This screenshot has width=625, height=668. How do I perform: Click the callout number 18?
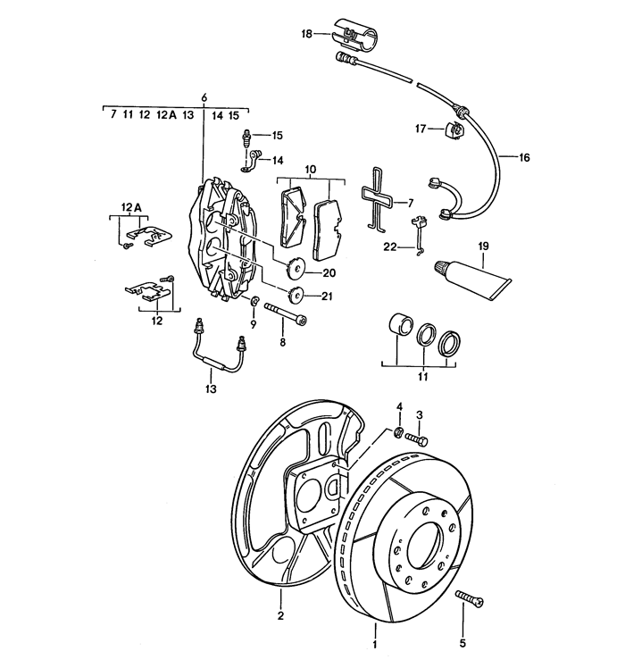(307, 34)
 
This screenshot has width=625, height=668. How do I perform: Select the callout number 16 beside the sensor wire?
(524, 157)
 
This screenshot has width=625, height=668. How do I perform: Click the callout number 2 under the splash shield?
(280, 616)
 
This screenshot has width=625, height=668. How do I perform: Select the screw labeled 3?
(417, 438)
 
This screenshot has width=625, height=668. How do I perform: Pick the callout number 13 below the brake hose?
(211, 389)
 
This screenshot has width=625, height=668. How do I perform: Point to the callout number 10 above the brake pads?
(310, 169)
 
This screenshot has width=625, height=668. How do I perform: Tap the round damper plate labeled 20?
(294, 264)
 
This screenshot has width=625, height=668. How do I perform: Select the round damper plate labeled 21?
(296, 296)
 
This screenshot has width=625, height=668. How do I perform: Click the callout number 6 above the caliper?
(204, 96)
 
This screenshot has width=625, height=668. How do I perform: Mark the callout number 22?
(389, 247)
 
